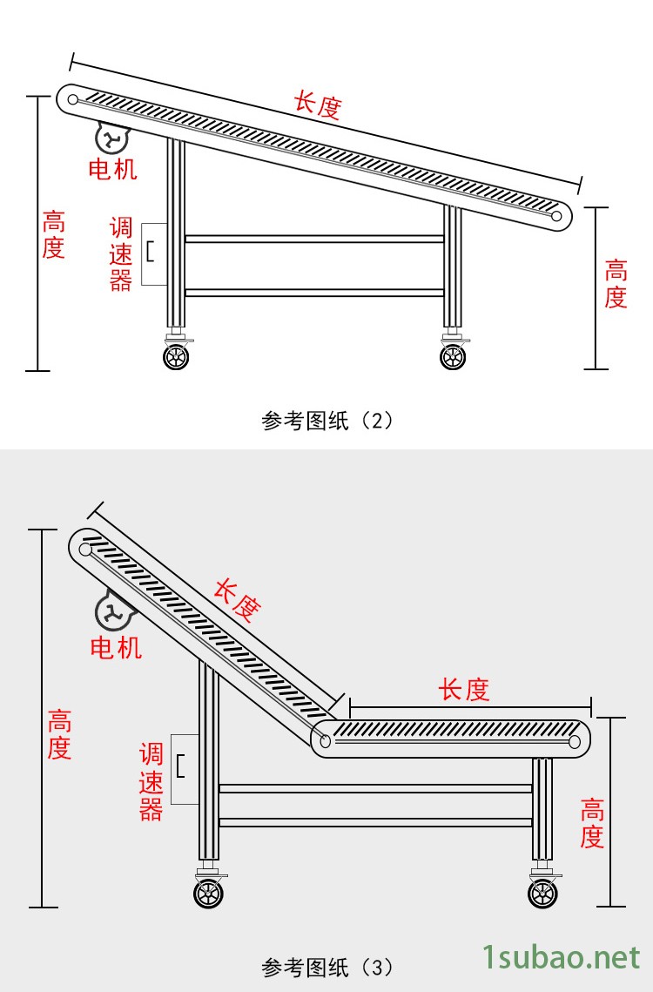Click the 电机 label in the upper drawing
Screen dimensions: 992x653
113,168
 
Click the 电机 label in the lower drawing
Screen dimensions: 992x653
116,647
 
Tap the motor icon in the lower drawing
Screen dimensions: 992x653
113,611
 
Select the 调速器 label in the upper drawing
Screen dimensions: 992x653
120,254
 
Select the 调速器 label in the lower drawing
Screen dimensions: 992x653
151,781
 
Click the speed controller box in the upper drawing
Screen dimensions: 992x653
153,253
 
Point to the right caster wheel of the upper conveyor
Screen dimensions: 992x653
453,356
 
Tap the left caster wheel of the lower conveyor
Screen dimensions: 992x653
208,894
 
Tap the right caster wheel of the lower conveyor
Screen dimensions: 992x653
542,894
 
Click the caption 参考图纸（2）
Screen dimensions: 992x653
327,422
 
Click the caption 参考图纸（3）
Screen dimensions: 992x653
327,967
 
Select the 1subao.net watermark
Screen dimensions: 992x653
562,958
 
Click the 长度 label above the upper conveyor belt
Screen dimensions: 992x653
317,105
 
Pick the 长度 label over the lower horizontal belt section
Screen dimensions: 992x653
464,691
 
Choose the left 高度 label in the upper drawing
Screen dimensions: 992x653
54,234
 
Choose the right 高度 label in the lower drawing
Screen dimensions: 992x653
592,823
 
